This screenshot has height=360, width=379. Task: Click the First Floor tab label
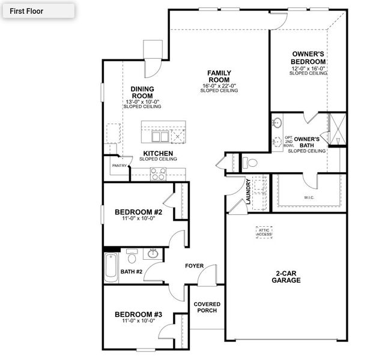click(x=26, y=11)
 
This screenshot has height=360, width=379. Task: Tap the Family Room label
click(x=219, y=77)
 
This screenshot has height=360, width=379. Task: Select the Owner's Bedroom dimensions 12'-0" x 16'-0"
click(x=308, y=68)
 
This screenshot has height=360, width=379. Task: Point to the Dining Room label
click(x=142, y=92)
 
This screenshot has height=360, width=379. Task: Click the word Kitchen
click(x=158, y=154)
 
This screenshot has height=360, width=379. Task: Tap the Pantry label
click(x=118, y=166)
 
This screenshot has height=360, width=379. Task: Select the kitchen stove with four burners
click(x=158, y=174)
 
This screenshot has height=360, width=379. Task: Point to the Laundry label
click(x=247, y=191)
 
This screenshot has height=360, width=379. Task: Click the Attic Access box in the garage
click(x=264, y=231)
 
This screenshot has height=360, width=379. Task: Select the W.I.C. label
click(x=309, y=197)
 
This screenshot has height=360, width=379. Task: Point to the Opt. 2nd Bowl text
click(x=290, y=141)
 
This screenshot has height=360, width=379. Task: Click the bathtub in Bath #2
click(x=111, y=267)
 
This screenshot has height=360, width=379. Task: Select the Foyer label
click(x=194, y=265)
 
